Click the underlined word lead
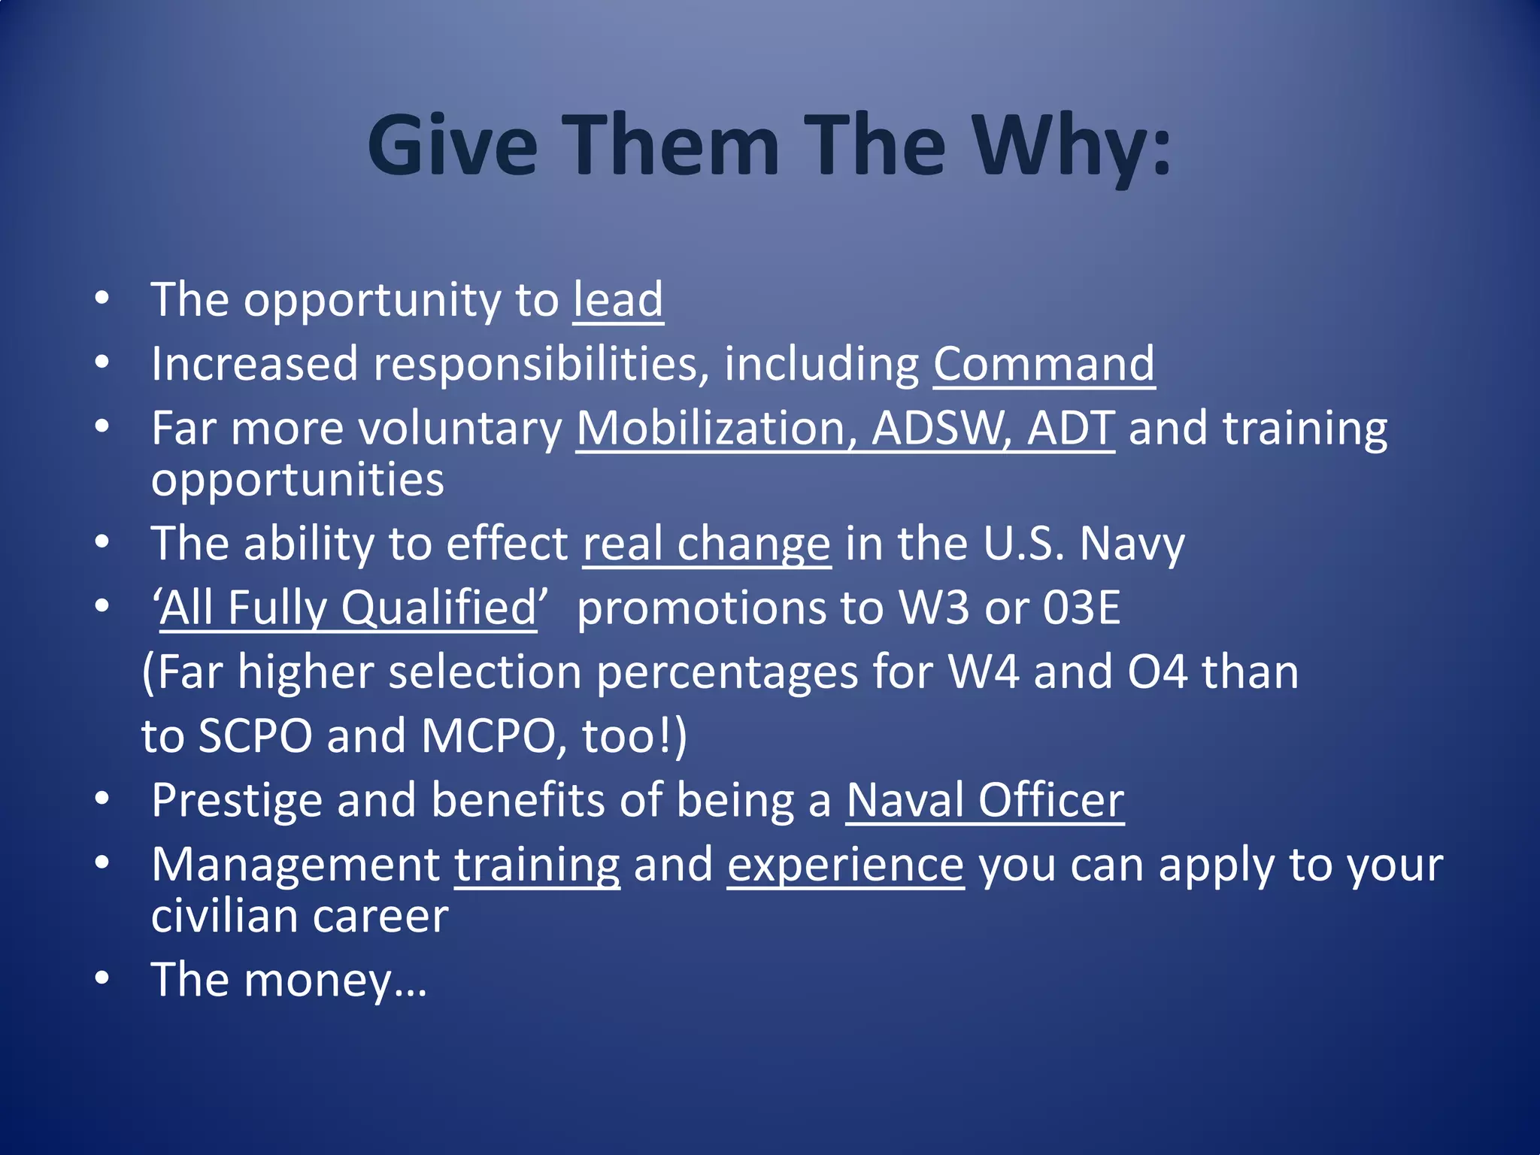[618, 300]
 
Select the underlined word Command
[1044, 365]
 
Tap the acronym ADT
[1071, 429]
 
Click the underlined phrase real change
[707, 544]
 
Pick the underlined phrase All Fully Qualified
[347, 608]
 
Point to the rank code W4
[983, 671]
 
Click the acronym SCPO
[255, 736]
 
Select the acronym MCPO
[487, 736]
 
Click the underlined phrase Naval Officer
[985, 800]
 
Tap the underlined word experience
[845, 865]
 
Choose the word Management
[296, 865]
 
